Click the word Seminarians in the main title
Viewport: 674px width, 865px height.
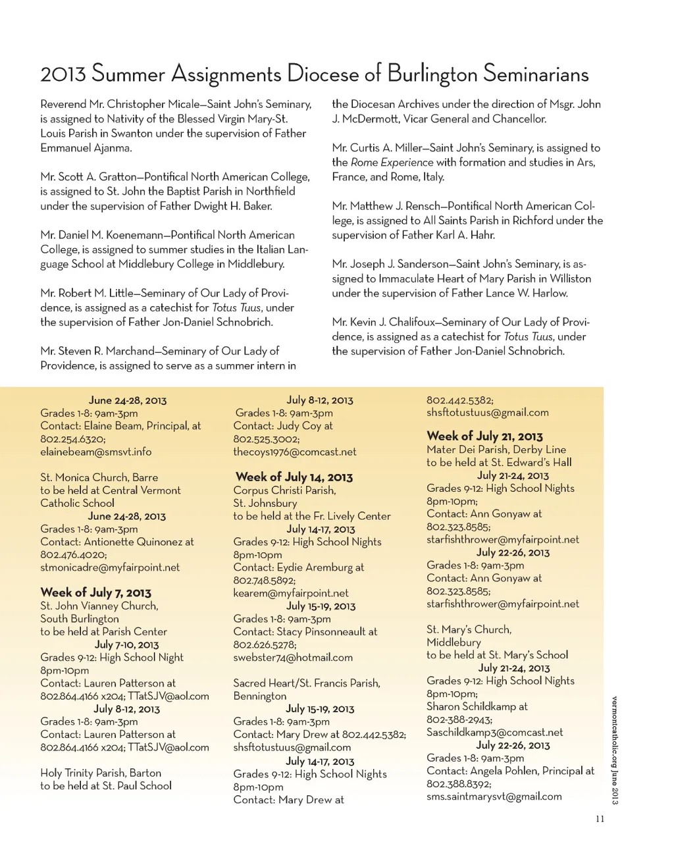pos(535,74)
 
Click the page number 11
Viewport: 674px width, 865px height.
pos(600,819)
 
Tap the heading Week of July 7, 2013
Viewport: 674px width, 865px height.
pos(95,592)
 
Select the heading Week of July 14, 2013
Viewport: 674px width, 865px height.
pos(294,477)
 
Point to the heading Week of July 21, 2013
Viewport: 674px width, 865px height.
pos(484,436)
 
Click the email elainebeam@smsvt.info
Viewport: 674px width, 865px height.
pos(95,452)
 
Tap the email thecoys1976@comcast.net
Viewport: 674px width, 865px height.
pos(294,452)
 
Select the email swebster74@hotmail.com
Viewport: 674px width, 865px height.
pos(293,657)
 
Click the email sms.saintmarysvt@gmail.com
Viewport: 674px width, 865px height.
pos(494,797)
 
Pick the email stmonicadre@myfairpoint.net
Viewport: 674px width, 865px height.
pos(110,567)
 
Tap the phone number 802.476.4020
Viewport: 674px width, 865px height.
pos(72,555)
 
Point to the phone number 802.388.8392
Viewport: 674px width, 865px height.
pos(458,784)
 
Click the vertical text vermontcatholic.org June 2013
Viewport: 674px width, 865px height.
pos(614,750)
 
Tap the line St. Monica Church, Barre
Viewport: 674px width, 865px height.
pos(99,477)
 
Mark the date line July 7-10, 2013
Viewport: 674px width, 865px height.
pos(126,644)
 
